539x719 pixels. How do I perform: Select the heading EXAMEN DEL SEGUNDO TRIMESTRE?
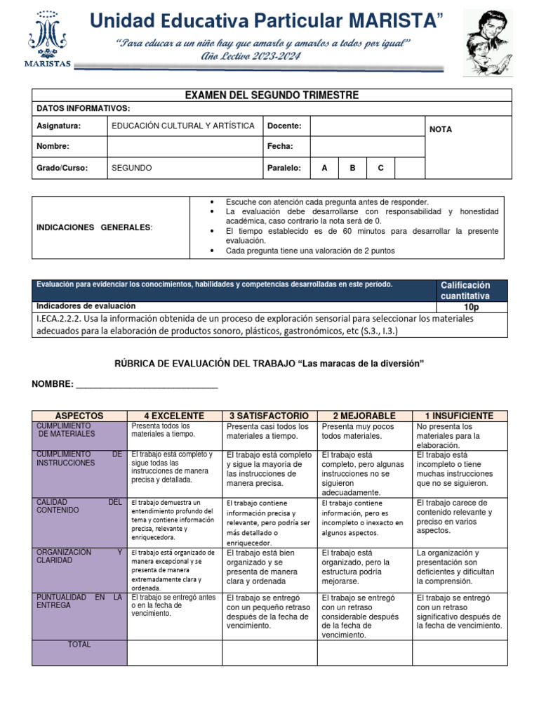272,95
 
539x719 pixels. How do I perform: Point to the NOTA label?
441,129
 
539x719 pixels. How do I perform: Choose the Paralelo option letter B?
352,168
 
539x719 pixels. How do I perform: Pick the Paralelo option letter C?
380,168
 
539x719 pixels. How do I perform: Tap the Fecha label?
279,147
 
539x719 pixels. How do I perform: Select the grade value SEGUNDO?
132,168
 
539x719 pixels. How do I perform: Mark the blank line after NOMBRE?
147,384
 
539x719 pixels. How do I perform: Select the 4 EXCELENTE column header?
174,416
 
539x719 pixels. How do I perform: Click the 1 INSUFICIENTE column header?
459,416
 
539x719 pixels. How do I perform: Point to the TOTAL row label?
79,644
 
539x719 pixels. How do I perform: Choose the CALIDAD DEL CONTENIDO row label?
79,506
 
